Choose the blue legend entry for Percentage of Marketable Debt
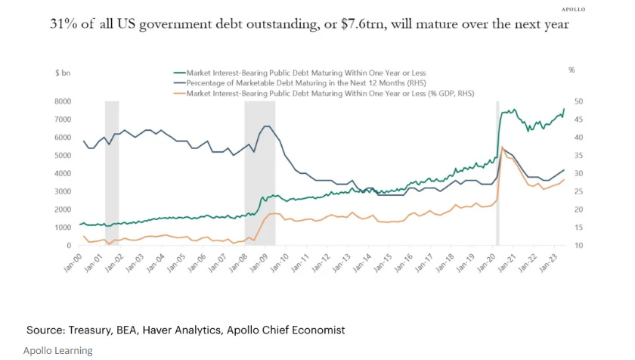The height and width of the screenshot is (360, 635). [295, 82]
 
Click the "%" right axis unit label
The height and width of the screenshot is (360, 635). [571, 70]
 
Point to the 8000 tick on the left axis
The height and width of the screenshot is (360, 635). [63, 101]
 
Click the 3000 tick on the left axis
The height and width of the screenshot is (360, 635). [63, 191]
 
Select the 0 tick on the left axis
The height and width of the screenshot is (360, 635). [70, 246]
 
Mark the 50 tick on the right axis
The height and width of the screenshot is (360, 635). [578, 101]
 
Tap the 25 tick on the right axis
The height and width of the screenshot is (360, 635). [578, 209]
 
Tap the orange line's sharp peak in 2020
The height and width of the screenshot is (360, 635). [502, 147]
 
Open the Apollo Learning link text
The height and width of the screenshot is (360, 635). [57, 350]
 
